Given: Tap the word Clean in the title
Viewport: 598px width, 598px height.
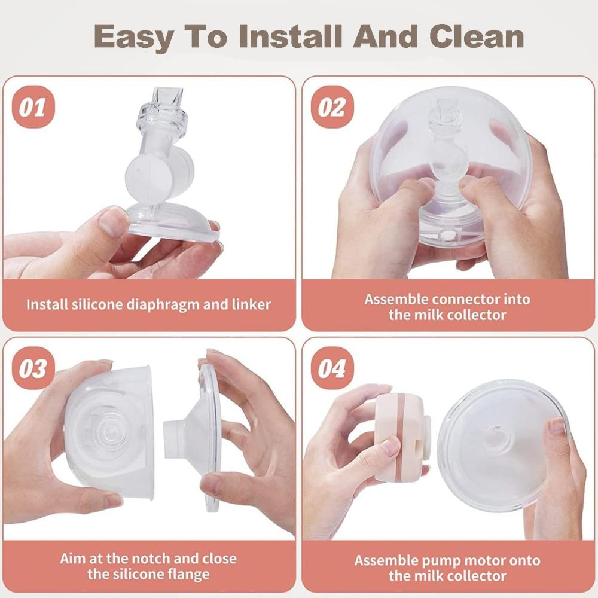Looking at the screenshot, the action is click(x=477, y=36).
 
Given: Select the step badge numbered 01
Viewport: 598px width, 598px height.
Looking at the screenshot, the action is click(x=33, y=107).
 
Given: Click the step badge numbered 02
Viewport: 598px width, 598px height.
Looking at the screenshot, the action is click(x=332, y=107).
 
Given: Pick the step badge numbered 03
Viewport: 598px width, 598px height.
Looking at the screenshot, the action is click(x=33, y=368).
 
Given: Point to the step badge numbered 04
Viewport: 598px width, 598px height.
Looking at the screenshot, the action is click(x=332, y=368).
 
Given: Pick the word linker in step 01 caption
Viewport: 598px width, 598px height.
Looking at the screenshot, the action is click(x=251, y=304).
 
